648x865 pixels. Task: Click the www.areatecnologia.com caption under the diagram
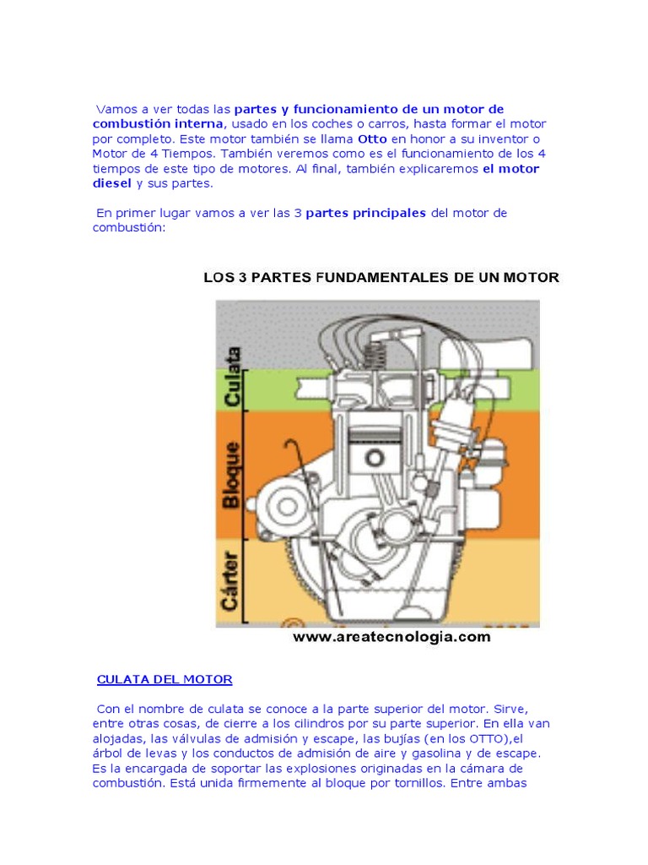coord(391,638)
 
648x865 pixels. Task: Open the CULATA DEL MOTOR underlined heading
coord(165,679)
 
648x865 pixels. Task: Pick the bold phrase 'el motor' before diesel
coord(510,169)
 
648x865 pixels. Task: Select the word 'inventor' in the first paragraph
coord(513,139)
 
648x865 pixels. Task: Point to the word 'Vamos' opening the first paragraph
coord(115,109)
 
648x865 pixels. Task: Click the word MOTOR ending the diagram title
coord(532,277)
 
